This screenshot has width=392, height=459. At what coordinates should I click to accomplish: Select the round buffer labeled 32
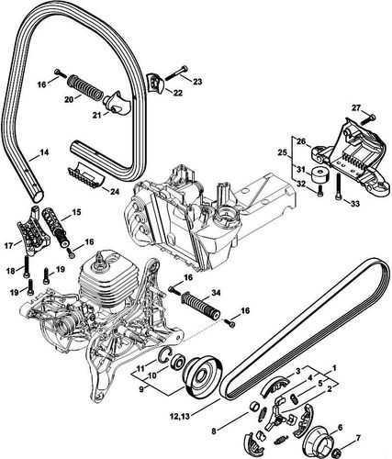pos(320,174)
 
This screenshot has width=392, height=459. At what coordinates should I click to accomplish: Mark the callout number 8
pos(215,429)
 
